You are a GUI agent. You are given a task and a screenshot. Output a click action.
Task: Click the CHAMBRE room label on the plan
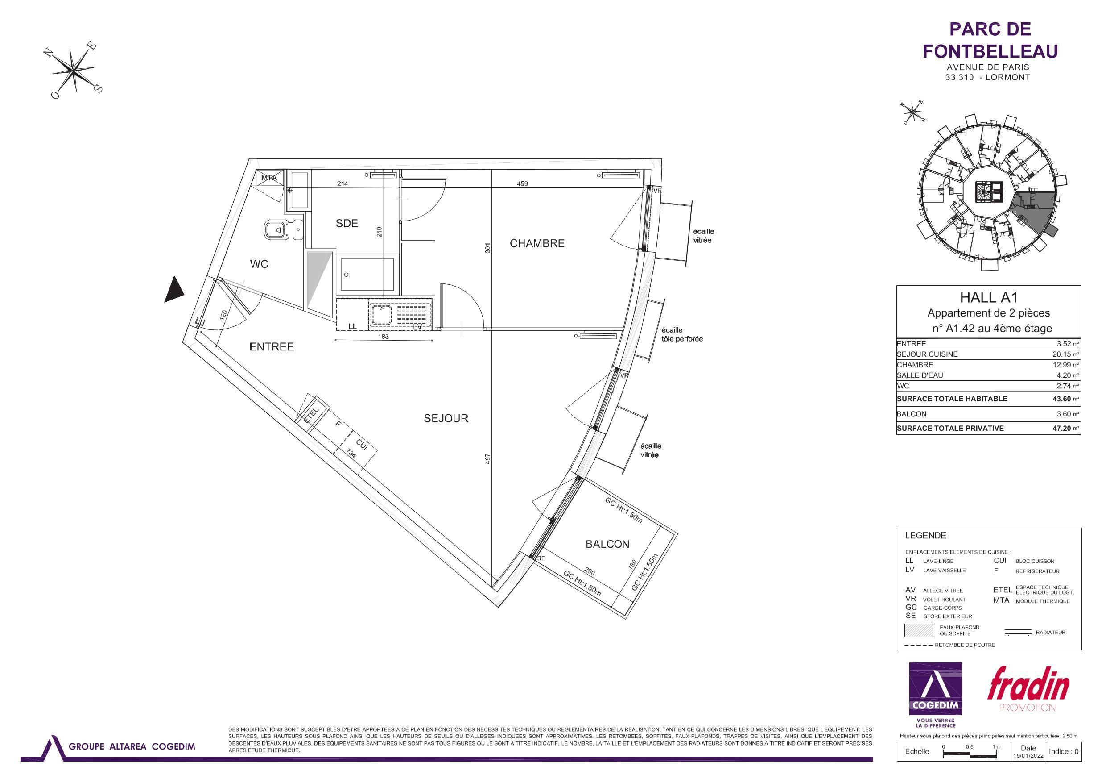click(536, 243)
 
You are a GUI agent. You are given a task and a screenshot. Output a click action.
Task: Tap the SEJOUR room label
click(446, 418)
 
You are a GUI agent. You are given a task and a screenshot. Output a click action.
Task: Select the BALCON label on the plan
click(607, 544)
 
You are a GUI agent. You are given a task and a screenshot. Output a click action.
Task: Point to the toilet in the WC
click(283, 230)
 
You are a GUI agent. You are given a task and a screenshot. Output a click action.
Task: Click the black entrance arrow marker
click(174, 290)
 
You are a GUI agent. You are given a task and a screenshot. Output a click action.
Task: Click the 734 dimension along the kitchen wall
click(352, 454)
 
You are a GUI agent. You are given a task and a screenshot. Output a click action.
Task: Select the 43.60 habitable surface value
click(1065, 399)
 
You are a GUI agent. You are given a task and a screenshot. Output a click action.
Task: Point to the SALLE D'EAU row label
click(920, 375)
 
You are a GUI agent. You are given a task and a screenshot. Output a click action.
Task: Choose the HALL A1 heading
click(988, 297)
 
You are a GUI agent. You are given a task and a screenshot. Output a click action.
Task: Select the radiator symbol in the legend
click(1018, 632)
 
